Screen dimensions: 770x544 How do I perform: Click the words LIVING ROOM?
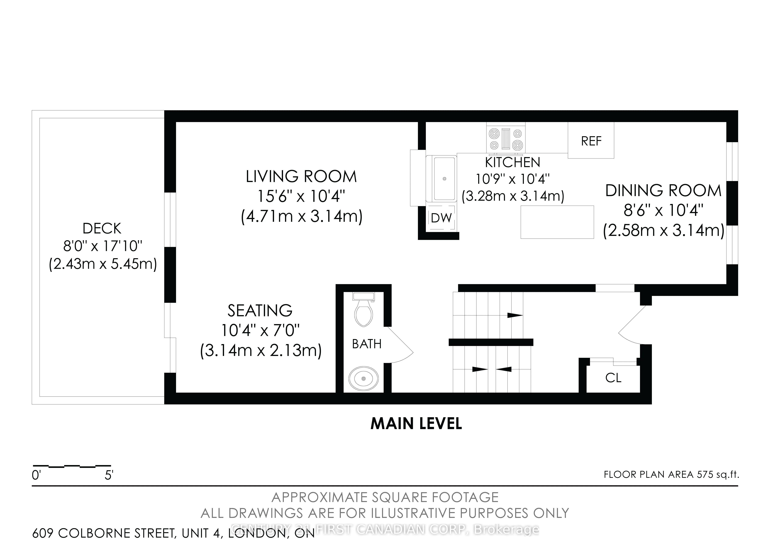301,177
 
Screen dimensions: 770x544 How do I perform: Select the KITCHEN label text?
513,163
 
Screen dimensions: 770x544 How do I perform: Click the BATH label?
367,344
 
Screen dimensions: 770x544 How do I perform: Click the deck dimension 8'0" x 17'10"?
103,247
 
